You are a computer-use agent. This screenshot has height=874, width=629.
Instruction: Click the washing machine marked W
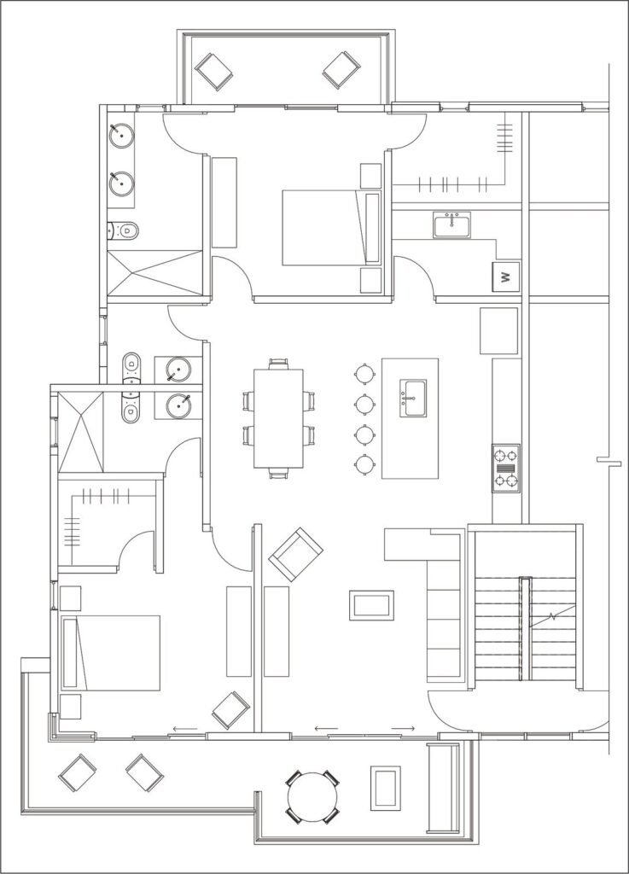[505, 277]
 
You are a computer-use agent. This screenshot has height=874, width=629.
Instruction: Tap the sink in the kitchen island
[413, 398]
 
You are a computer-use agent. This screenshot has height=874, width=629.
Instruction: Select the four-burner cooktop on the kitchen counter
[506, 468]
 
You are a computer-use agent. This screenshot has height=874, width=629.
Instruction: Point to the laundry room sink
[451, 225]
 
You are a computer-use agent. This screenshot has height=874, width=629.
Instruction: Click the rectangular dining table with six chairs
[278, 418]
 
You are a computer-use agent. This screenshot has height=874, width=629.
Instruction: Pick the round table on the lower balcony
[312, 797]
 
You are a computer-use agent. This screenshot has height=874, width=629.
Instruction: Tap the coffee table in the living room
[371, 605]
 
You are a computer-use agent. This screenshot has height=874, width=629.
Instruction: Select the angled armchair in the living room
[296, 553]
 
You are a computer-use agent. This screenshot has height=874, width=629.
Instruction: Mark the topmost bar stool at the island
[364, 374]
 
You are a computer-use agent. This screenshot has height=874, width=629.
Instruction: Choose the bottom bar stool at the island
[364, 464]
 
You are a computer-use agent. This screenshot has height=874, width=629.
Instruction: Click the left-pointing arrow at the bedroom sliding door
[185, 729]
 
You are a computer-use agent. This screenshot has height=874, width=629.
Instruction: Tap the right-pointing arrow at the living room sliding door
[403, 729]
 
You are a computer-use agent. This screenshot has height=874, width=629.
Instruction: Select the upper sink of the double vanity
[121, 135]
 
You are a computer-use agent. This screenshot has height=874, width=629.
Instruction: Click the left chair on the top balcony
[214, 72]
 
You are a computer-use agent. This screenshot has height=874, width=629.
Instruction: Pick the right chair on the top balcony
[341, 70]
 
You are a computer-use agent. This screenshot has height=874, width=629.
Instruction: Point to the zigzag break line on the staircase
[551, 618]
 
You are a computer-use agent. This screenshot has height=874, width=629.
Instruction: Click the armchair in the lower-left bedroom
[230, 710]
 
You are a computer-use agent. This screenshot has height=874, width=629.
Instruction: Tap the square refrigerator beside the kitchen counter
[499, 330]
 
